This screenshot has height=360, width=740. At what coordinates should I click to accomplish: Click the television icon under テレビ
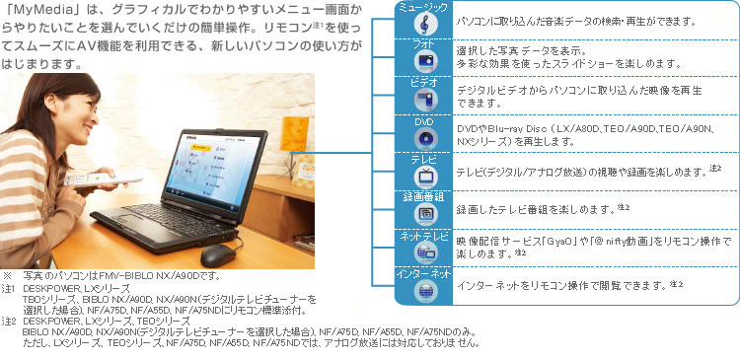point(424,175)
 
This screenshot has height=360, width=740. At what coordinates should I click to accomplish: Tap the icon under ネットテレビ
point(424,251)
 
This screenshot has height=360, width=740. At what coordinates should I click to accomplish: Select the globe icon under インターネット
point(424,289)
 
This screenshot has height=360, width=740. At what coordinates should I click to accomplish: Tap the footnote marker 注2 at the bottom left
point(9,322)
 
